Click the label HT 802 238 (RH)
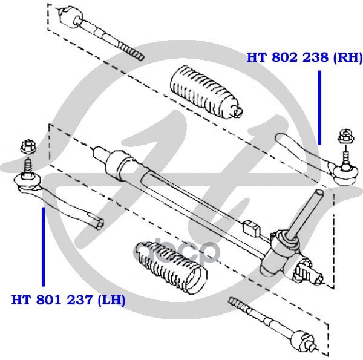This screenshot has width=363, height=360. pyautogui.click(x=304, y=58)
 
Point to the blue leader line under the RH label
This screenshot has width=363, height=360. pyautogui.click(x=319, y=106)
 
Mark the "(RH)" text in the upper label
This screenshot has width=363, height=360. pyautogui.click(x=348, y=58)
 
